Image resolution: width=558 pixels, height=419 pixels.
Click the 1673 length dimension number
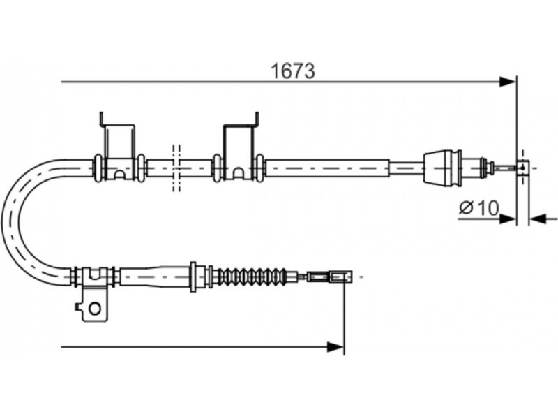pos(293,71)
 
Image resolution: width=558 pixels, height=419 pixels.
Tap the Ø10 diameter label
pos(479,207)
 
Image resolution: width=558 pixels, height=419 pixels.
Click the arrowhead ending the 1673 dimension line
pos(508,82)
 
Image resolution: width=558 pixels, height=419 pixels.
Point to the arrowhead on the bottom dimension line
pos(335,346)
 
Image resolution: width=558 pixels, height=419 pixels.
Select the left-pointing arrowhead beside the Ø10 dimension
pos(537,219)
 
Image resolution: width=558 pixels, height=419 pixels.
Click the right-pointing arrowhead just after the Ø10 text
pos(508,219)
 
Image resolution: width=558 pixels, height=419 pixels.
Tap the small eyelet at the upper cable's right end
pos(522,168)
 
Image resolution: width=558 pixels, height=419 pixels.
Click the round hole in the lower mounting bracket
pos(95,308)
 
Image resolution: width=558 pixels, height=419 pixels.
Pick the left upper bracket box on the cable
pos(119,152)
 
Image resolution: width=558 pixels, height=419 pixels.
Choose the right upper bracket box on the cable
pos(240,152)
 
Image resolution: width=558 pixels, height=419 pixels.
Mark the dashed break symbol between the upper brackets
pos(176,168)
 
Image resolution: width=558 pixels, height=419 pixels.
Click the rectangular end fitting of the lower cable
pos(330,277)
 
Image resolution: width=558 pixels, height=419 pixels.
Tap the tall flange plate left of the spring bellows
pos(194,277)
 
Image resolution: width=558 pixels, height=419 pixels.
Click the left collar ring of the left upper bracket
pos(97,168)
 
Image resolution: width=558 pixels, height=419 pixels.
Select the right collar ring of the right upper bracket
pos(260,168)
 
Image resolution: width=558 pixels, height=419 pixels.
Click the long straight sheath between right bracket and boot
pos(327,168)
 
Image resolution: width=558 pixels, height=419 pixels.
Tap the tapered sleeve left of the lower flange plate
pos(155,277)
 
